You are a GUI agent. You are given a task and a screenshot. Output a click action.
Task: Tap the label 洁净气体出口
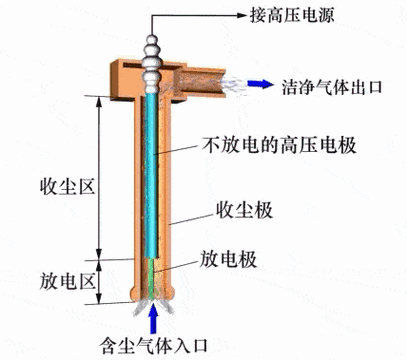(333, 83)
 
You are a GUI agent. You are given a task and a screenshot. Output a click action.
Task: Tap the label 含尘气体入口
(156, 346)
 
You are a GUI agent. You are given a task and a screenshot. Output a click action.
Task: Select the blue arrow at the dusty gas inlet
(154, 319)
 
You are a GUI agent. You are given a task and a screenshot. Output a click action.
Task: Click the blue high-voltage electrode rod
(152, 170)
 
